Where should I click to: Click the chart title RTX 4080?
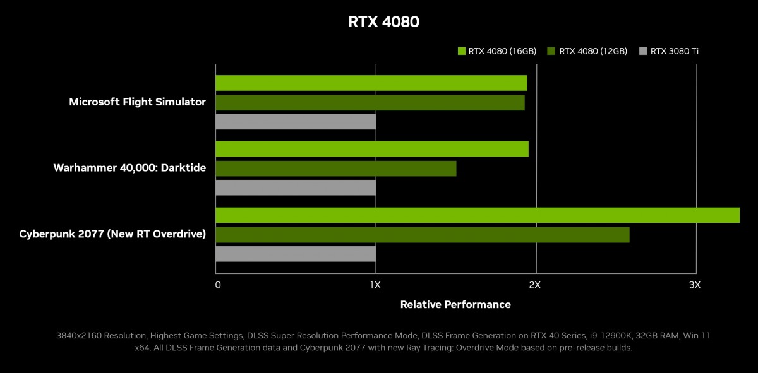[383, 22]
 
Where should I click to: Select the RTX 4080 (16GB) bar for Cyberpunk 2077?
[477, 215]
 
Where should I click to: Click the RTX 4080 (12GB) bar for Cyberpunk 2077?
[422, 235]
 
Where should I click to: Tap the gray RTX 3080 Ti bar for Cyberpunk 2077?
[296, 254]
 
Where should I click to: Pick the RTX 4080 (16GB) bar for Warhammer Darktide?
[371, 149]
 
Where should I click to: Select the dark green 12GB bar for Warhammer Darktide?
[335, 169]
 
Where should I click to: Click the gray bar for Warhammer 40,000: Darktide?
[296, 187]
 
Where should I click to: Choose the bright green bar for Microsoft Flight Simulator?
[371, 83]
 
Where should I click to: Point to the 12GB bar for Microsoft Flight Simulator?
[370, 102]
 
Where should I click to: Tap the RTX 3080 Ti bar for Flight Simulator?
[296, 121]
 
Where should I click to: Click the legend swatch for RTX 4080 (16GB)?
[461, 51]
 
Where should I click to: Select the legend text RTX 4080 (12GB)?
[593, 51]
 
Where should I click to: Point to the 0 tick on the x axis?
[218, 285]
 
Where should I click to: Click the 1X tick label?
[375, 285]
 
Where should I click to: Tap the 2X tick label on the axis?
[535, 285]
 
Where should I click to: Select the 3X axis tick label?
[695, 285]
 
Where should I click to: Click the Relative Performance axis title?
[455, 305]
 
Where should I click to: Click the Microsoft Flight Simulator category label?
[137, 102]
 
